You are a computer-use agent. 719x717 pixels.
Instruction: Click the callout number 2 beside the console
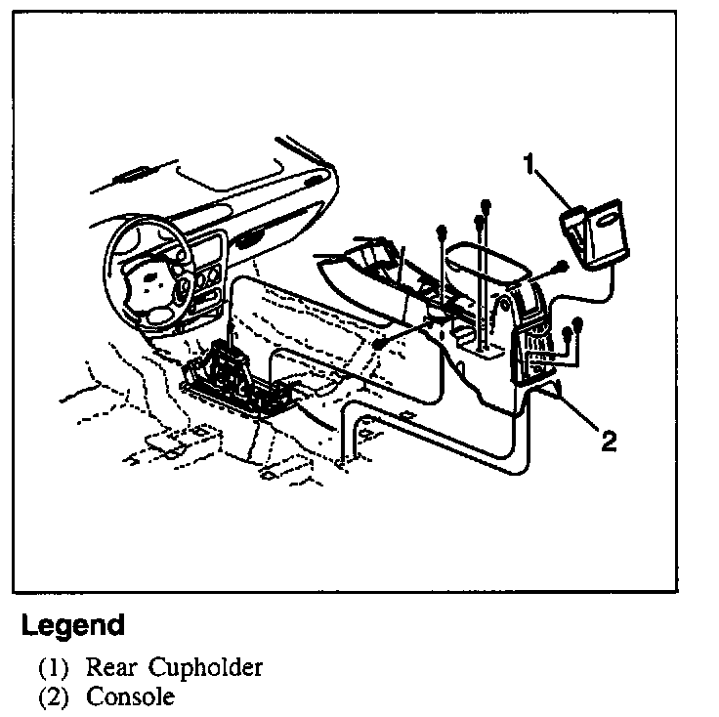click(608, 442)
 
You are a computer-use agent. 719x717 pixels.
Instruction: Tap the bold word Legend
click(73, 625)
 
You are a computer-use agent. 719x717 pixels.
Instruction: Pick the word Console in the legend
click(130, 698)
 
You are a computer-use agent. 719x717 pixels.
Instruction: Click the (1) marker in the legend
click(54, 669)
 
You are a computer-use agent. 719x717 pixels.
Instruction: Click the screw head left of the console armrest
click(442, 232)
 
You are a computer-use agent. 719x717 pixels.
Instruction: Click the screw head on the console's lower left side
click(376, 346)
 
